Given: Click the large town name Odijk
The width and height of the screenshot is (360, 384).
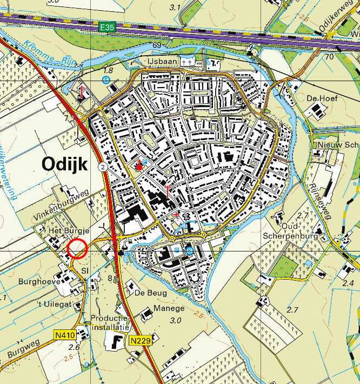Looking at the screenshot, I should click(x=64, y=165).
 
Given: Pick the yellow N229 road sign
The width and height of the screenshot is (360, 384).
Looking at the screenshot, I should click(x=139, y=341).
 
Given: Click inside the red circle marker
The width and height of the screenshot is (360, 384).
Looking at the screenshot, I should click(x=78, y=249).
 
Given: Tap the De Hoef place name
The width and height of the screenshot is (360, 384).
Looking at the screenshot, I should click(x=318, y=98).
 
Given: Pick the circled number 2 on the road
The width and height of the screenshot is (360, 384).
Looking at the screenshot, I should click(x=102, y=168).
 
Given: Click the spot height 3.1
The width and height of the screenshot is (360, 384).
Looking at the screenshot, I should click(x=174, y=7).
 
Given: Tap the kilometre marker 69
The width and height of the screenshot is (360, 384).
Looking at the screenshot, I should click(x=157, y=45).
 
